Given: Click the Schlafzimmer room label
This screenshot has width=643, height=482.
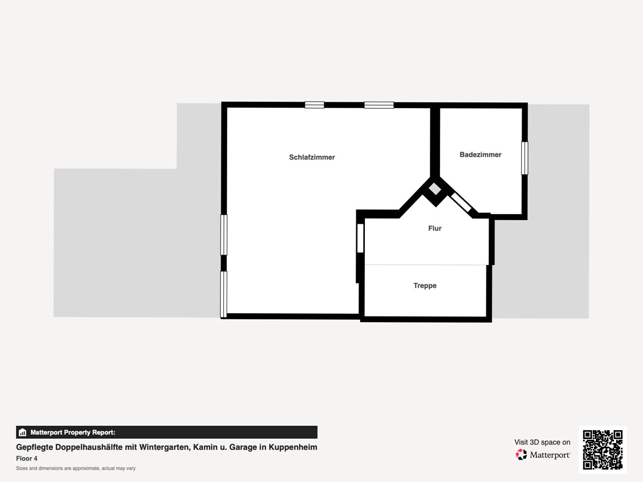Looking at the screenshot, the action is (x=312, y=157).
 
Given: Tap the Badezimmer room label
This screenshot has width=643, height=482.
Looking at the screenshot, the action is (x=481, y=155).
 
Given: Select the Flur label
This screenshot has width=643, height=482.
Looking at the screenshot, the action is (x=435, y=228).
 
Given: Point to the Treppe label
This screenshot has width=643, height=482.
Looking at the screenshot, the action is (x=425, y=285).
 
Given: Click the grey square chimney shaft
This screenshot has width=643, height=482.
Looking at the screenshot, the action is (x=435, y=189).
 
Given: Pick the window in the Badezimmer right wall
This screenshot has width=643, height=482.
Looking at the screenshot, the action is (x=525, y=159).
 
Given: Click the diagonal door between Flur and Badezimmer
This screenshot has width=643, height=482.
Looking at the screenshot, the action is (x=461, y=202).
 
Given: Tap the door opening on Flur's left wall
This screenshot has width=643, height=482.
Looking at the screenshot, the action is (x=360, y=238).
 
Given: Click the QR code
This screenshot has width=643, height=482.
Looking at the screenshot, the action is (x=603, y=450).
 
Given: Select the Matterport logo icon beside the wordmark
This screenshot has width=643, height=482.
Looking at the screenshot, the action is (x=521, y=455).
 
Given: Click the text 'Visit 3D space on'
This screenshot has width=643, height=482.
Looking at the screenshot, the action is (x=542, y=442).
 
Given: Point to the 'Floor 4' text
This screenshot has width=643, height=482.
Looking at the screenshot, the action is (x=27, y=458).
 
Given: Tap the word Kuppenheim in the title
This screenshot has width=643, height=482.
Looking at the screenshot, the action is (x=293, y=447).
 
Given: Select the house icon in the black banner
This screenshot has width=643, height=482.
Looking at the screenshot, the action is (x=23, y=432).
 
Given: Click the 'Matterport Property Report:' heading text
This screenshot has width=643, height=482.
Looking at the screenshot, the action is (x=73, y=432).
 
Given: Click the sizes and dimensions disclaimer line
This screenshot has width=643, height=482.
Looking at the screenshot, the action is (x=76, y=468).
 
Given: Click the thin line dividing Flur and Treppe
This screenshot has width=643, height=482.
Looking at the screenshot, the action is (x=425, y=265).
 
